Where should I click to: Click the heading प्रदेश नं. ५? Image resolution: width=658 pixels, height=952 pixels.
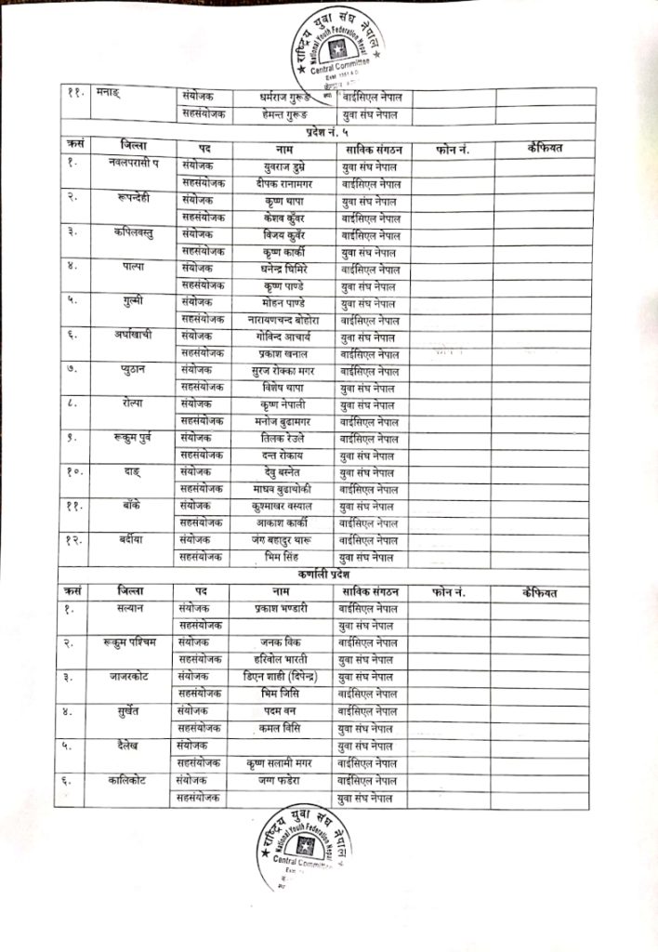pos(322,134)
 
